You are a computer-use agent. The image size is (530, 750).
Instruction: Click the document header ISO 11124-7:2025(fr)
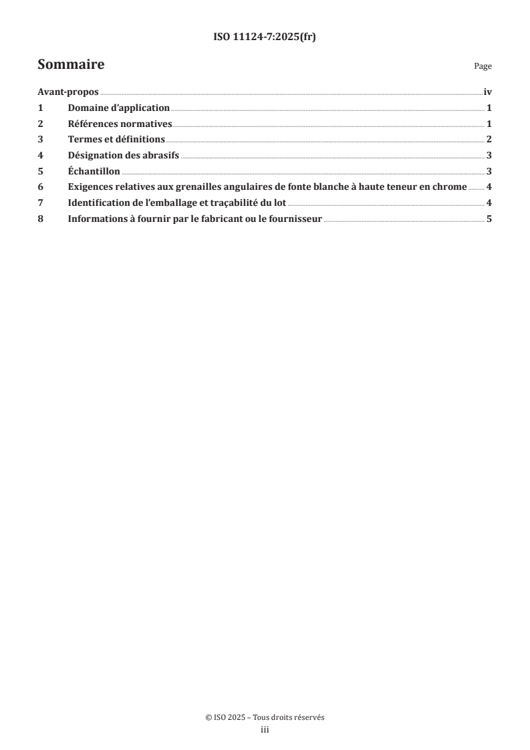265,37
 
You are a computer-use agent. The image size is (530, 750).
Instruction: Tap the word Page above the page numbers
483,67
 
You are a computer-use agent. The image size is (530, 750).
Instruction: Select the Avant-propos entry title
68,92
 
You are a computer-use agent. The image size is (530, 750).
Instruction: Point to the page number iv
487,92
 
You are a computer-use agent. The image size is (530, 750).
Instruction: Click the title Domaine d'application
119,108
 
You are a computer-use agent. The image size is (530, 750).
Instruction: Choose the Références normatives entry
120,124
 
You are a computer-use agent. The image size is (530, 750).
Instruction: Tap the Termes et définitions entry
116,139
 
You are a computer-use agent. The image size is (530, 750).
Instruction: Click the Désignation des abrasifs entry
124,155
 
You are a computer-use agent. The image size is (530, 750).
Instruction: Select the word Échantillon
94,171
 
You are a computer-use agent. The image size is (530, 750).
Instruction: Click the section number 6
40,186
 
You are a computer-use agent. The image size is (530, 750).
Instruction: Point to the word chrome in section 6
449,186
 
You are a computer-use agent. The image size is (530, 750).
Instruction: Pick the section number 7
40,203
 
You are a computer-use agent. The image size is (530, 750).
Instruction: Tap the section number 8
40,219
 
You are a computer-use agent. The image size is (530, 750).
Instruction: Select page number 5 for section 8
489,219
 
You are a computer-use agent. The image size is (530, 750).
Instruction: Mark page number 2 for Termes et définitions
489,139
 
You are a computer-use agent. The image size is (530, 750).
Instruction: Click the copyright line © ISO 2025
265,717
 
